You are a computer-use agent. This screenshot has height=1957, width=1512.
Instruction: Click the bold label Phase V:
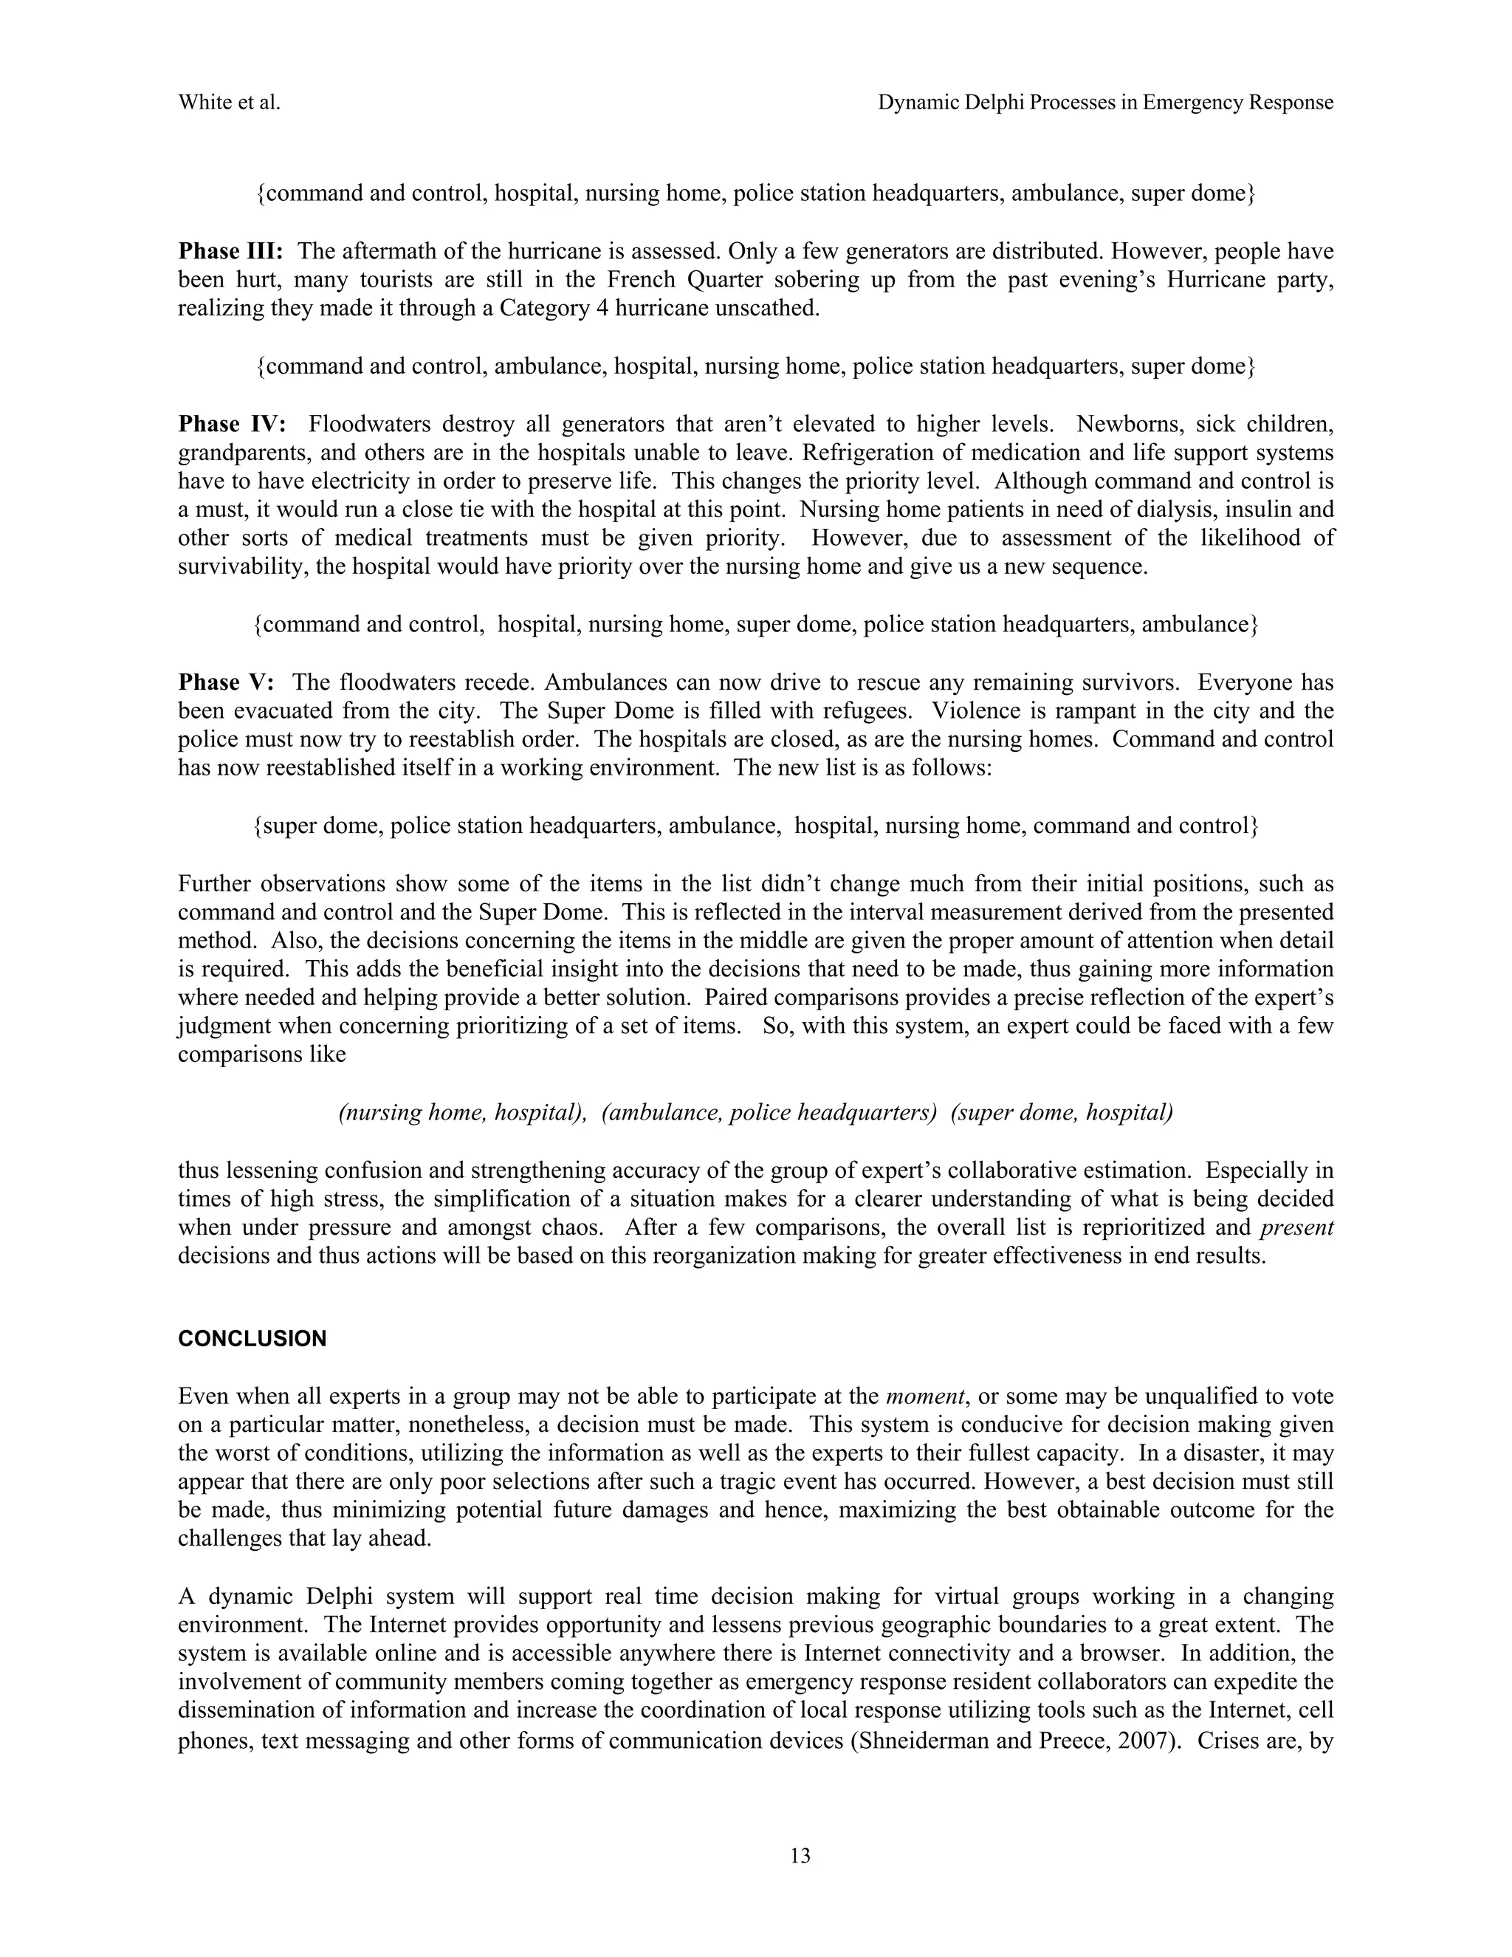click(x=226, y=683)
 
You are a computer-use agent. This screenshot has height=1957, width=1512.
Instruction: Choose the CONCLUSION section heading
click(x=252, y=1339)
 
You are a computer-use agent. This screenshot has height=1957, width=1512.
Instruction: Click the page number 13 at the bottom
click(x=800, y=1856)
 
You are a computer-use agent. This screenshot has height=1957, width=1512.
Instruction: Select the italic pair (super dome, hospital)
click(x=1062, y=1113)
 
